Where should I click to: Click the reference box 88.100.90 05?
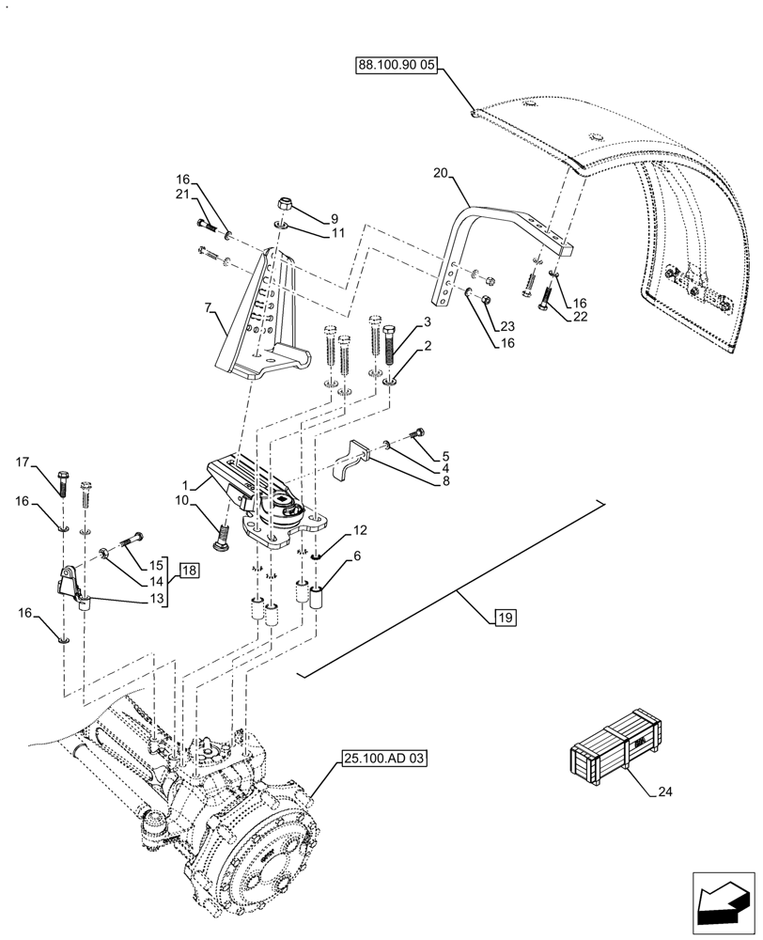click(x=397, y=66)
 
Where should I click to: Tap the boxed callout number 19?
click(x=504, y=618)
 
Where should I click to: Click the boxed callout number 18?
click(x=189, y=571)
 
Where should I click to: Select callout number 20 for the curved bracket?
click(x=443, y=173)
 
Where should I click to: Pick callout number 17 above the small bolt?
click(x=25, y=462)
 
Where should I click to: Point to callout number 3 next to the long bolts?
click(x=427, y=322)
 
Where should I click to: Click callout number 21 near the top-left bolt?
click(x=182, y=194)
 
